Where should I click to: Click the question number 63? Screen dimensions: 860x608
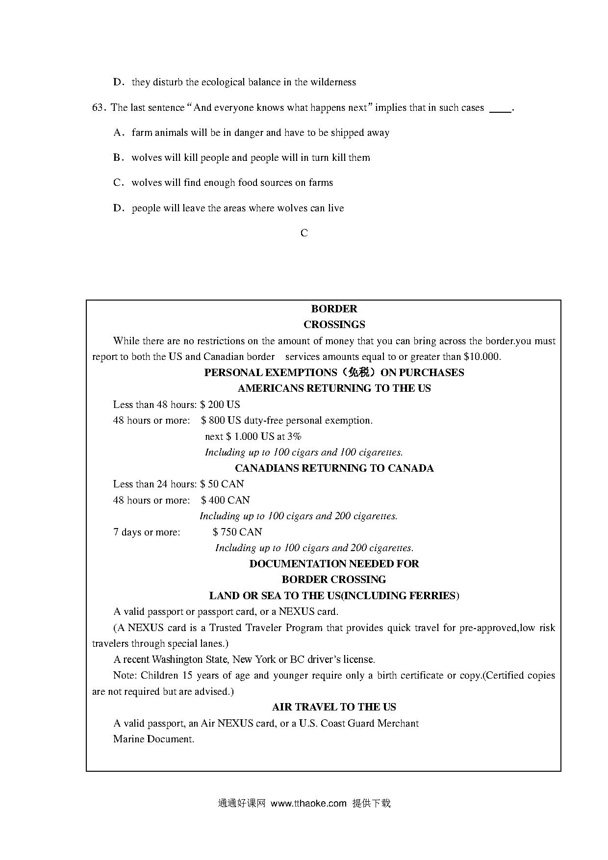pyautogui.click(x=98, y=108)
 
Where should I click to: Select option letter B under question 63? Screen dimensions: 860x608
pyautogui.click(x=117, y=158)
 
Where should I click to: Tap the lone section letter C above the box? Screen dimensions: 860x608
pyautogui.click(x=304, y=233)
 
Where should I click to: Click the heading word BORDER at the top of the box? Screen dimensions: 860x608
pyautogui.click(x=334, y=309)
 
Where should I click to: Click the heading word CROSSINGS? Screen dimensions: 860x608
pyautogui.click(x=334, y=325)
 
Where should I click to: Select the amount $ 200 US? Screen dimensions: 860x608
pyautogui.click(x=220, y=405)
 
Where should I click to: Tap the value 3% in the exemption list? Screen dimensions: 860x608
pyautogui.click(x=294, y=436)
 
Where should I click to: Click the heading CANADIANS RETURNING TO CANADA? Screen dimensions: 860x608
pyautogui.click(x=334, y=468)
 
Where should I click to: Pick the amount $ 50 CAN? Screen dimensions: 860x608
pyautogui.click(x=222, y=484)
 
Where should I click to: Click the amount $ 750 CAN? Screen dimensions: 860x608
pyautogui.click(x=237, y=532)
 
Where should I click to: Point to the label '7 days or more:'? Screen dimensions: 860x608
pyautogui.click(x=147, y=532)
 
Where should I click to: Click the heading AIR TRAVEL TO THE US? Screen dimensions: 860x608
pyautogui.click(x=334, y=707)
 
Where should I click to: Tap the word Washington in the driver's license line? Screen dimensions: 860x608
pyautogui.click(x=177, y=659)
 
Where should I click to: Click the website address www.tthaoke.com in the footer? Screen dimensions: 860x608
pyautogui.click(x=308, y=804)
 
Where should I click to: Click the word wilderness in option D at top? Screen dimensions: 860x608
pyautogui.click(x=333, y=82)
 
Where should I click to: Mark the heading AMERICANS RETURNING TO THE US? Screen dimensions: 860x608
pyautogui.click(x=334, y=388)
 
